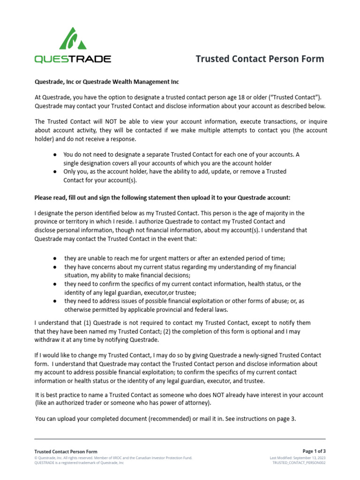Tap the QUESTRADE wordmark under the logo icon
pyautogui.click(x=73, y=59)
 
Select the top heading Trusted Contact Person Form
pyautogui.click(x=259, y=59)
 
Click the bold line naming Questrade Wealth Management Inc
pyautogui.click(x=107, y=82)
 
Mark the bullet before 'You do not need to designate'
pyautogui.click(x=56, y=154)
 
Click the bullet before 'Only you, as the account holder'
pyautogui.click(x=56, y=172)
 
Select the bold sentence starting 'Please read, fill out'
pyautogui.click(x=165, y=197)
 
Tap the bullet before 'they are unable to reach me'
pyautogui.click(x=56, y=258)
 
